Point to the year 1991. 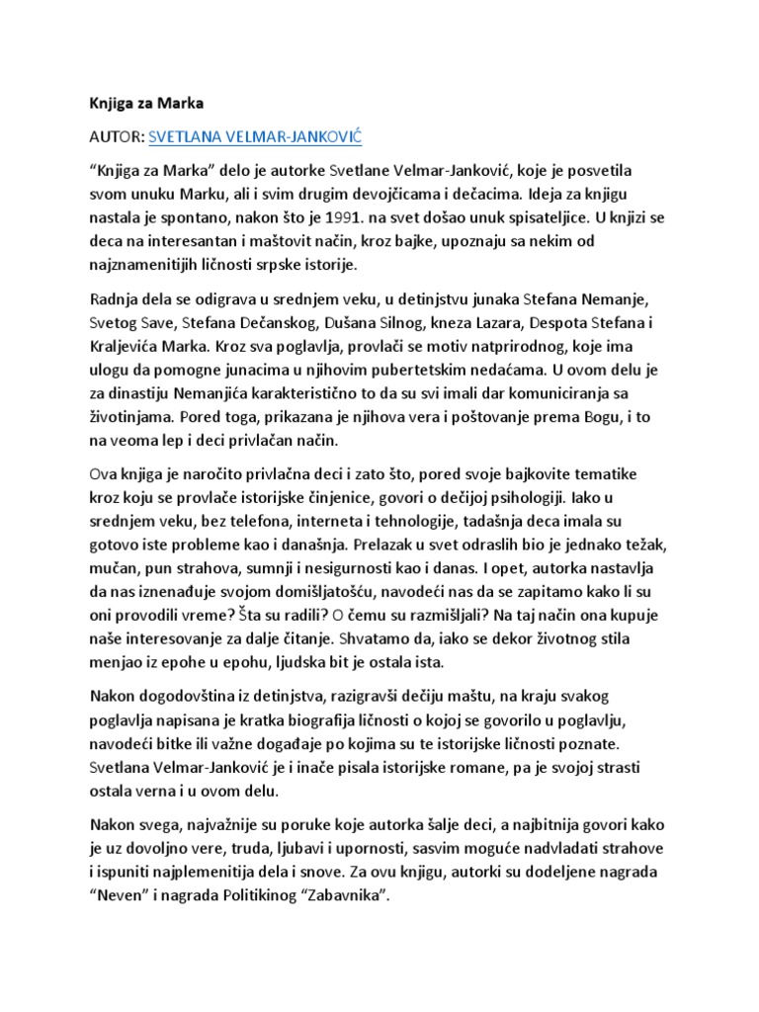[385, 215]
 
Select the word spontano [218, 215]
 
